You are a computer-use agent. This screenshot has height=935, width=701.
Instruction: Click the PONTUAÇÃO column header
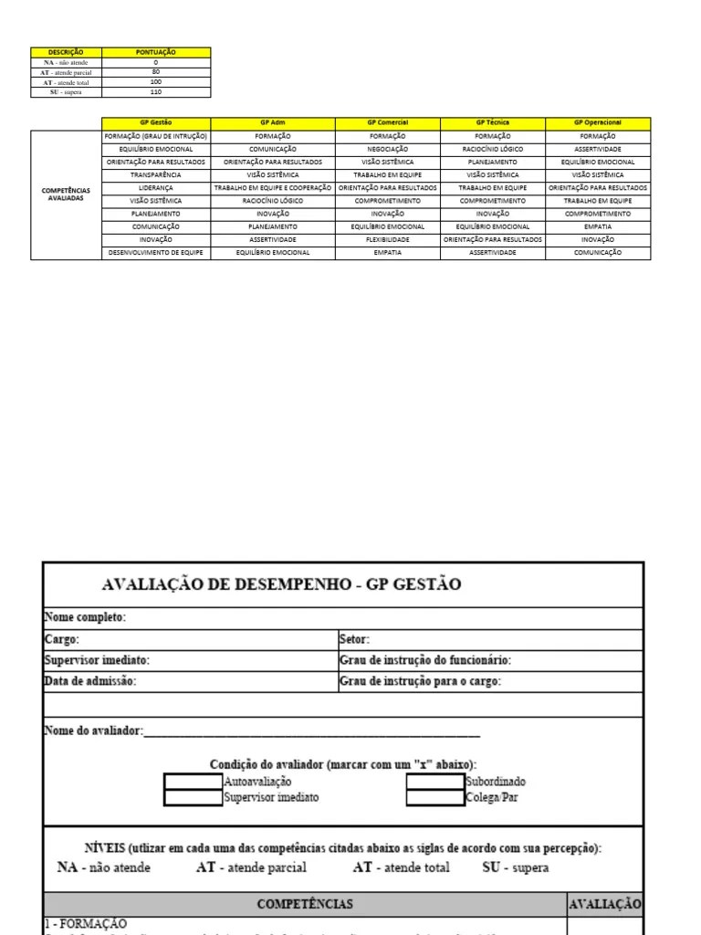[156, 52]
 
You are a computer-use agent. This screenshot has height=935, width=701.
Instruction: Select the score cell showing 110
[156, 92]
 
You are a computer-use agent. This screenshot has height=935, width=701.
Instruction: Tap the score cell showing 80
[156, 72]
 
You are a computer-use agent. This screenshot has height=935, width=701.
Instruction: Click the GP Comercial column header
[387, 122]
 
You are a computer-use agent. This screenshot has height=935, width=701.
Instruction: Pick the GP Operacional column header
[598, 122]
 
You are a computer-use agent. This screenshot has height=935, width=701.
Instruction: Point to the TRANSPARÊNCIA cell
[156, 173]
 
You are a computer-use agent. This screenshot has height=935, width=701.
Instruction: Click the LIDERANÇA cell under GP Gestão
[156, 187]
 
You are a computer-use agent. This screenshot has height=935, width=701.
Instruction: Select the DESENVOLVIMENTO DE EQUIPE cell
[156, 252]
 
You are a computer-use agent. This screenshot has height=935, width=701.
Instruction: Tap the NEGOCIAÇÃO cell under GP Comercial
[387, 148]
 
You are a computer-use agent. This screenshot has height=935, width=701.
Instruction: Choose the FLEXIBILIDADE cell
[387, 239]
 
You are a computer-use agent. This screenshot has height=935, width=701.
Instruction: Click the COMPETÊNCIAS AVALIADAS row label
[66, 194]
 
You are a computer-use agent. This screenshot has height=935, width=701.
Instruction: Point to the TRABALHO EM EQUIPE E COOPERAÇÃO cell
[273, 187]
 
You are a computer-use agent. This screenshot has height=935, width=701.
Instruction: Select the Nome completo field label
[85, 617]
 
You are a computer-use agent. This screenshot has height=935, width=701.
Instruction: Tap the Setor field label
[354, 639]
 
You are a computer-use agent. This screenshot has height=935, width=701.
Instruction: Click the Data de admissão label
[89, 681]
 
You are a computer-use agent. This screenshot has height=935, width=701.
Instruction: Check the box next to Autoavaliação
[194, 782]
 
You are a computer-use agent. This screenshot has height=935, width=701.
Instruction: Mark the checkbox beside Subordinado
[434, 782]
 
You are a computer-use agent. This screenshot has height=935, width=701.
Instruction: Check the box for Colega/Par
[434, 797]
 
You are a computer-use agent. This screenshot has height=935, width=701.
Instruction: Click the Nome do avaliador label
[93, 730]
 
